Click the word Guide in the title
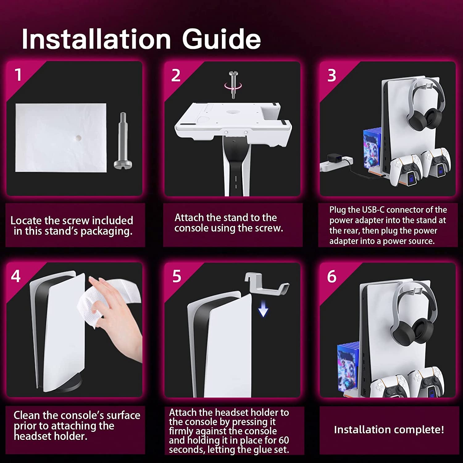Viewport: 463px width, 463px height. pyautogui.click(x=222, y=39)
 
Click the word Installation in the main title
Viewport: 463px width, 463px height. pyautogui.click(x=96, y=39)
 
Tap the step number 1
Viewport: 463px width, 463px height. pyautogui.click(x=18, y=75)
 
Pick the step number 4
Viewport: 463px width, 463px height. pyautogui.click(x=16, y=276)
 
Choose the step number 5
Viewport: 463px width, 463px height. pyautogui.click(x=177, y=276)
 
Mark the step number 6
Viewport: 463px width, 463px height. pyautogui.click(x=332, y=276)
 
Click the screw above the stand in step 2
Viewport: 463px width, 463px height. pyautogui.click(x=233, y=84)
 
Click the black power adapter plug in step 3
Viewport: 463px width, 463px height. pyautogui.click(x=335, y=158)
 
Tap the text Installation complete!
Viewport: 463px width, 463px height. pyautogui.click(x=389, y=430)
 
